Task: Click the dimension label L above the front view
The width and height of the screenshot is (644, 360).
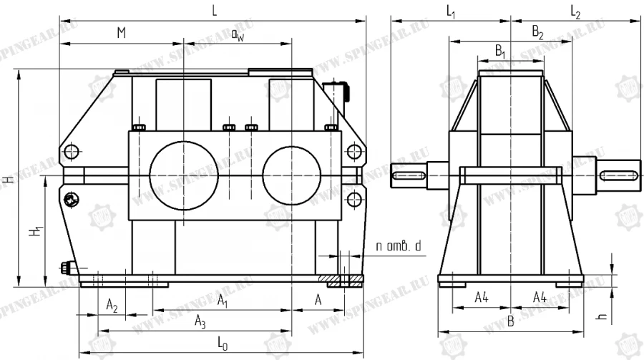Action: pyautogui.click(x=214, y=9)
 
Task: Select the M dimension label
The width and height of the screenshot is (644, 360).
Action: pyautogui.click(x=122, y=33)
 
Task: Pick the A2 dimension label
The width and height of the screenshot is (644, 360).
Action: pyautogui.click(x=112, y=306)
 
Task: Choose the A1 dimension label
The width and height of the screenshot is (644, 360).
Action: pyautogui.click(x=223, y=298)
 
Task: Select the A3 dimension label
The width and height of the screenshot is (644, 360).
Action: pyautogui.click(x=200, y=323)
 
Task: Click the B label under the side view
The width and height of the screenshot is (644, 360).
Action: pyautogui.click(x=510, y=321)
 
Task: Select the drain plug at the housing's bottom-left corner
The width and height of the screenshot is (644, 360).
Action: pyautogui.click(x=66, y=269)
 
